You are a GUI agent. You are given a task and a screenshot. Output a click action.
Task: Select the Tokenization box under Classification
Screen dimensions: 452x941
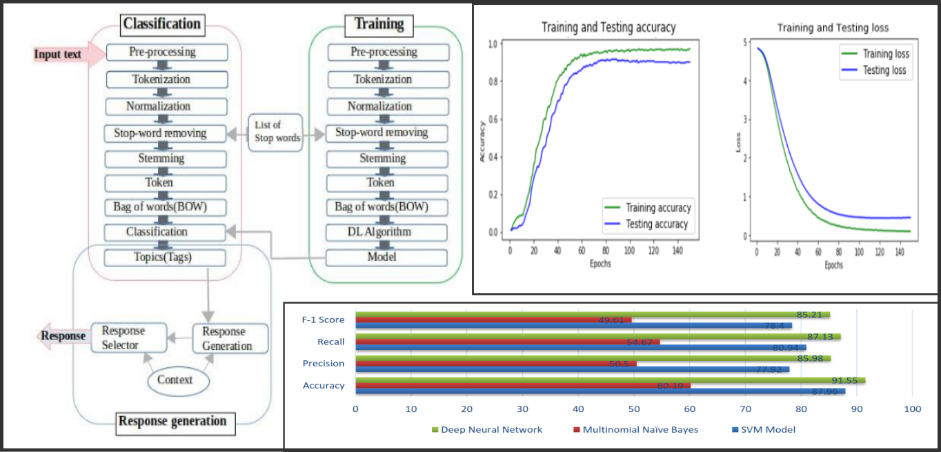[166, 79]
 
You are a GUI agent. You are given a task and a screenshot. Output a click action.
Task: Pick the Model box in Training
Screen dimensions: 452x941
[387, 257]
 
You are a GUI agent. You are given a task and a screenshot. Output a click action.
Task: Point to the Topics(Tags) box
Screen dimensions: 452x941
[166, 257]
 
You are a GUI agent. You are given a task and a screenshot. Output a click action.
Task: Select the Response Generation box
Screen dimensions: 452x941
[230, 338]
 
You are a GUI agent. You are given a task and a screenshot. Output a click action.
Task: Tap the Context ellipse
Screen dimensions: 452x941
[175, 380]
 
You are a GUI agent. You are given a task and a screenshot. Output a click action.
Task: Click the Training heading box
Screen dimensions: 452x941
[379, 25]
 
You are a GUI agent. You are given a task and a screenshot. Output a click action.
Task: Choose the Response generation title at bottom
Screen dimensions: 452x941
[172, 421]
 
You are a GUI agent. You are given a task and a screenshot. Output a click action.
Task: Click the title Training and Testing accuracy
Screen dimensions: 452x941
[608, 28]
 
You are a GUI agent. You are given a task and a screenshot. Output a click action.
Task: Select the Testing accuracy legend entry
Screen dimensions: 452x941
[656, 224]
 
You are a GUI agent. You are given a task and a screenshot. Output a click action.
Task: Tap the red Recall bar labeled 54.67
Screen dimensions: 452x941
[507, 342]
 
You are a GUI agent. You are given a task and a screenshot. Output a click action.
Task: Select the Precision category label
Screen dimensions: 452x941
[324, 364]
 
